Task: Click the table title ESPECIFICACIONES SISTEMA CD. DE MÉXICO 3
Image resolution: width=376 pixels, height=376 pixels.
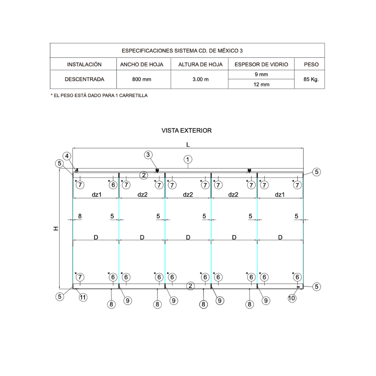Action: tap(182, 51)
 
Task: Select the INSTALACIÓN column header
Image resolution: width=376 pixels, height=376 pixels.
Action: tap(84, 64)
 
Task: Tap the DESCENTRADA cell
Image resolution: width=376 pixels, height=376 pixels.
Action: tap(84, 79)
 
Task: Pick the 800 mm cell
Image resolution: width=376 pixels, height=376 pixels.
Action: tap(142, 79)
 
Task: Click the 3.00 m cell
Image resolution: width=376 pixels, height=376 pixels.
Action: tap(201, 79)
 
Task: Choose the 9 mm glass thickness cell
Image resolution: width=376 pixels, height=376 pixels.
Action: tap(261, 75)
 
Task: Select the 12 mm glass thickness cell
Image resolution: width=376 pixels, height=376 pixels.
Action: tap(261, 85)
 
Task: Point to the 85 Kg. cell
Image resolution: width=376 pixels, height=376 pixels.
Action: tap(311, 79)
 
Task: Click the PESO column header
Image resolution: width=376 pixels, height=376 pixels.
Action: tap(311, 64)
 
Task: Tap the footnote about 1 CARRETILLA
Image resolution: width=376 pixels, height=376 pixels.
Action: tap(99, 95)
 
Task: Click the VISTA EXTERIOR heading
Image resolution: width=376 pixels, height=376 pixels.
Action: tap(187, 131)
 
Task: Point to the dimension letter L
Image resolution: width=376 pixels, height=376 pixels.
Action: tap(188, 144)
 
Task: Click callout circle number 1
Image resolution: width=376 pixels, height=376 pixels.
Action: tap(188, 159)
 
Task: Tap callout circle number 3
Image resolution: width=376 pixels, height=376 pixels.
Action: tap(149, 155)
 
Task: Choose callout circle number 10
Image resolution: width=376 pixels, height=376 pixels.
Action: tap(292, 298)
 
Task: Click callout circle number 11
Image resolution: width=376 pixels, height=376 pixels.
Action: tap(83, 297)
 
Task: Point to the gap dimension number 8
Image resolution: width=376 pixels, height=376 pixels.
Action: tap(80, 216)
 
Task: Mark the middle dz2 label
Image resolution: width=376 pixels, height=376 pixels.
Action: tap(188, 195)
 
